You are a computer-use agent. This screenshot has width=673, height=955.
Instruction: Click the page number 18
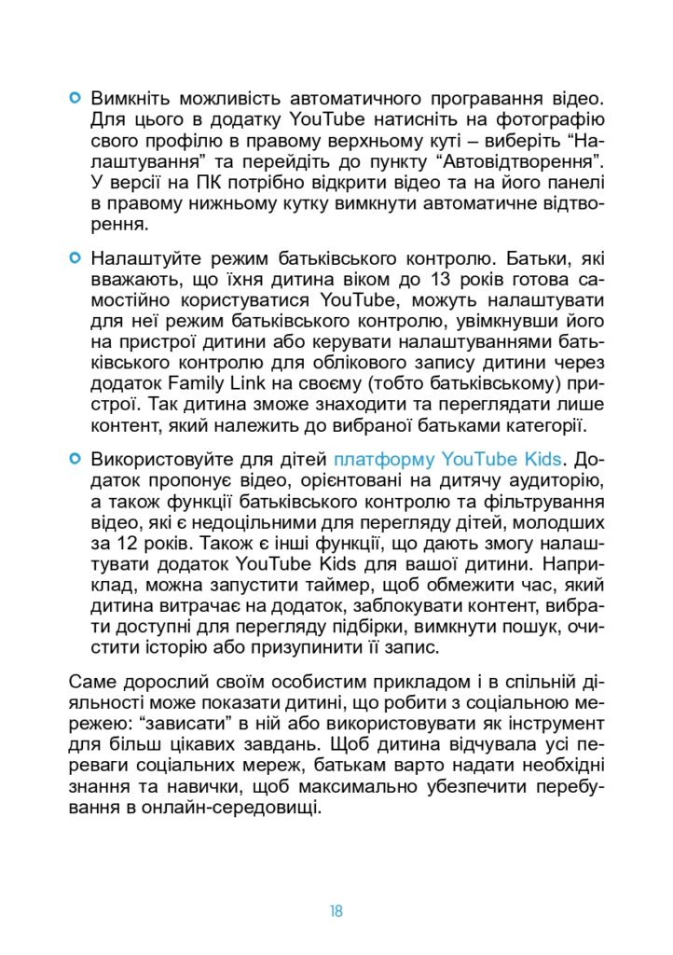pyautogui.click(x=336, y=911)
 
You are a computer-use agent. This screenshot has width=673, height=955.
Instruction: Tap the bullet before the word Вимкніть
pyautogui.click(x=76, y=97)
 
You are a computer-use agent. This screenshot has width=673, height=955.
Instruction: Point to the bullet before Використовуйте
pyautogui.click(x=76, y=459)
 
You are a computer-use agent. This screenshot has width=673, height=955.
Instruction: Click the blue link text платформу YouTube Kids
pyautogui.click(x=448, y=459)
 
